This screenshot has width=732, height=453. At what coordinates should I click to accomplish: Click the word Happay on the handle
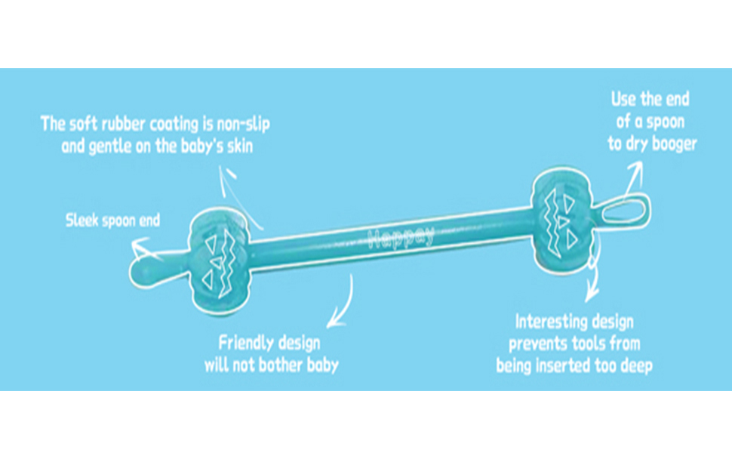(x=400, y=237)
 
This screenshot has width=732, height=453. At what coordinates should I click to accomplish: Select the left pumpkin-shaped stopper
(x=220, y=260)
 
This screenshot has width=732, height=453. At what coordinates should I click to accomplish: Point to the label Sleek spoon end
(x=112, y=221)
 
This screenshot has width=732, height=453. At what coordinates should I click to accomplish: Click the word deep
(x=637, y=367)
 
